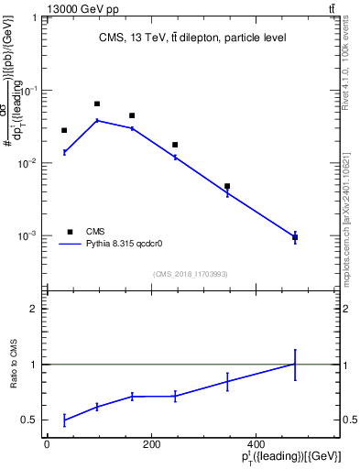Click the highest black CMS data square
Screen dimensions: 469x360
click(97, 104)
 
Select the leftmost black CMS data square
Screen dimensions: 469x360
click(64, 131)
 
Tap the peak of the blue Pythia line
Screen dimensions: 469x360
click(97, 120)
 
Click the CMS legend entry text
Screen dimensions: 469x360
click(95, 232)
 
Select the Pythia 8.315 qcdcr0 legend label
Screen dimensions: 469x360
click(124, 245)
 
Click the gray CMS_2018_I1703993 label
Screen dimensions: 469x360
click(191, 274)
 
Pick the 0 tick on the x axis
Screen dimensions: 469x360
click(48, 444)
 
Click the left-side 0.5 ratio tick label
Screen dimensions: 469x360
click(30, 420)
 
